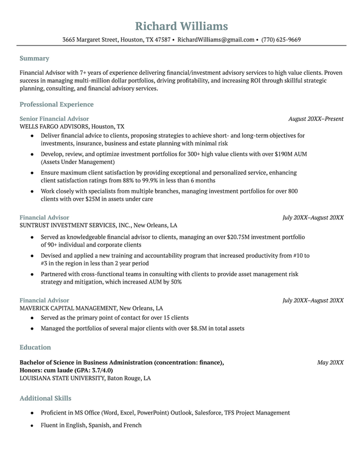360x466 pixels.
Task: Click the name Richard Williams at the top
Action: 181,26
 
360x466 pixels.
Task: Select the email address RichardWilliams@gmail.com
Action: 216,40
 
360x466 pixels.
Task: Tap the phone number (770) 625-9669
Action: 281,40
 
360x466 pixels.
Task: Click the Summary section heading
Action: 34,58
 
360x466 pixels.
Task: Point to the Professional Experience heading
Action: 56,104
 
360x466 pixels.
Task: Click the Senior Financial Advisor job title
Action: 54,119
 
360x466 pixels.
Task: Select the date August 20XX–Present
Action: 316,119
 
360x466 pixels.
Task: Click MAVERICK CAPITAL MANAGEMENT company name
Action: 68,308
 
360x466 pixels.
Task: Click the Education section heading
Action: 35,347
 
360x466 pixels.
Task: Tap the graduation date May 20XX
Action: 330,362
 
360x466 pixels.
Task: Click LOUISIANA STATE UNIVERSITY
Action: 61,378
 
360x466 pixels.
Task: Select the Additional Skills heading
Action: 45,398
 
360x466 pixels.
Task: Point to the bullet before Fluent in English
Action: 33,426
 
